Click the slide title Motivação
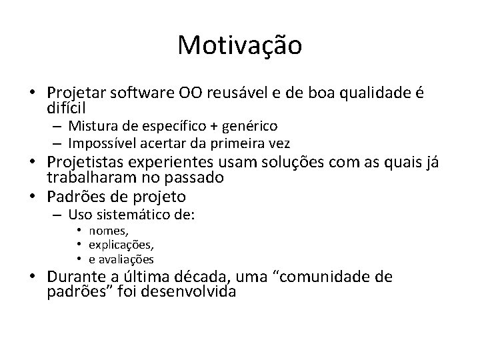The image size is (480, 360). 240,46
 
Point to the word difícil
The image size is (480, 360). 67,107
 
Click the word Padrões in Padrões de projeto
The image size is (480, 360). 74,197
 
